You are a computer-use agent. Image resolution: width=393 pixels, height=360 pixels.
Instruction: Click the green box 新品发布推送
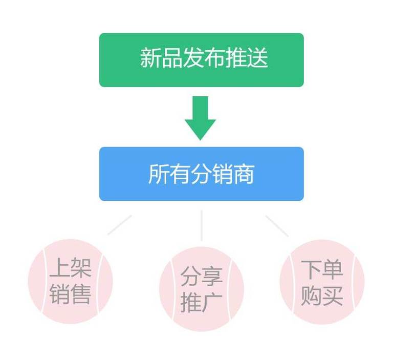tap(202, 60)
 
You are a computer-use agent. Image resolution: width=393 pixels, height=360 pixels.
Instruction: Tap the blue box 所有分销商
tap(202, 174)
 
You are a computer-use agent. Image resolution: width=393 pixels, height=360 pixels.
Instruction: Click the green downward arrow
tap(200, 118)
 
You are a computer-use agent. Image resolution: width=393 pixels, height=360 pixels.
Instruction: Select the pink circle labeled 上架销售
tap(71, 281)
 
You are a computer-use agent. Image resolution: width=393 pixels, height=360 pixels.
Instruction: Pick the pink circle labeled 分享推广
tap(202, 289)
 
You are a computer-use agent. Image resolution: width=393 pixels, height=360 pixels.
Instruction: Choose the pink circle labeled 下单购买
tap(322, 282)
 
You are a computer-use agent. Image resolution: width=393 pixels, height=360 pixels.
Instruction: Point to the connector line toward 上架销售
tap(120, 225)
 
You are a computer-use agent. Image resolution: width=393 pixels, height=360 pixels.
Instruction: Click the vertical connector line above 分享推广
tap(202, 225)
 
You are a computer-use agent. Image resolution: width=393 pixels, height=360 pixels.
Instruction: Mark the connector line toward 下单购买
tap(277, 226)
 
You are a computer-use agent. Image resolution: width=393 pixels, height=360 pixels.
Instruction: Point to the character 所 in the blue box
tap(159, 174)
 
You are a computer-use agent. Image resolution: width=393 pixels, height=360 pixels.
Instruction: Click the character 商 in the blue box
tap(244, 174)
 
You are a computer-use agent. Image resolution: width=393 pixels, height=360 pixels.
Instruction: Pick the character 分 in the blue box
tap(201, 174)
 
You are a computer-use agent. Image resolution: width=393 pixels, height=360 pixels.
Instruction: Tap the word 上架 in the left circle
tap(71, 268)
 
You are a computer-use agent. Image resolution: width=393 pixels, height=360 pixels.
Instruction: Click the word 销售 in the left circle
tap(71, 294)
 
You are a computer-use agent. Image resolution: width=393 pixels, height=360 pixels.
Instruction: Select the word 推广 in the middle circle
tap(202, 302)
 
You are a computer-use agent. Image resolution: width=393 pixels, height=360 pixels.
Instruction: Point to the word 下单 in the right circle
tap(322, 269)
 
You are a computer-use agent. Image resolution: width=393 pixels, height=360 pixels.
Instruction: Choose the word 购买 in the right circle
tap(322, 295)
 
